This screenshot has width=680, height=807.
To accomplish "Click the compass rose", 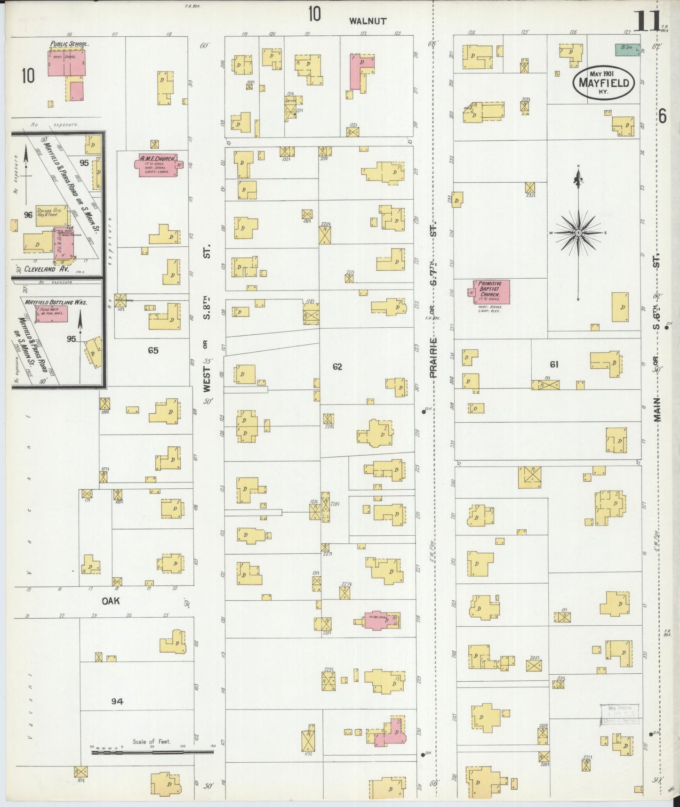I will point(578,233).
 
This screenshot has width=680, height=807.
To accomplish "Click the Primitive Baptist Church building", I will point(492,292).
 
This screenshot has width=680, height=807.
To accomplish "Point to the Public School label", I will point(70,44).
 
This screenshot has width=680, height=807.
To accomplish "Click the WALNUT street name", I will point(368,21).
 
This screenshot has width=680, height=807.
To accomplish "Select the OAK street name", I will point(112,601).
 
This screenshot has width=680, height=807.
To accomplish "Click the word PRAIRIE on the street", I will point(433,358).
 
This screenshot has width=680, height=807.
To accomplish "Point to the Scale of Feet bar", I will point(152,752).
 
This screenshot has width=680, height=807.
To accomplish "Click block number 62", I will point(337,366).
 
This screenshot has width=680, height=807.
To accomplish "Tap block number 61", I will point(554,364).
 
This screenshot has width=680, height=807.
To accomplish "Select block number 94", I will point(117,702).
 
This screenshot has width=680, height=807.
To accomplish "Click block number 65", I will point(153,350).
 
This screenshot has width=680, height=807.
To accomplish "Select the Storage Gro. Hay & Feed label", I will point(47,213).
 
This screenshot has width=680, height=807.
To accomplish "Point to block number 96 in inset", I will point(28,215).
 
